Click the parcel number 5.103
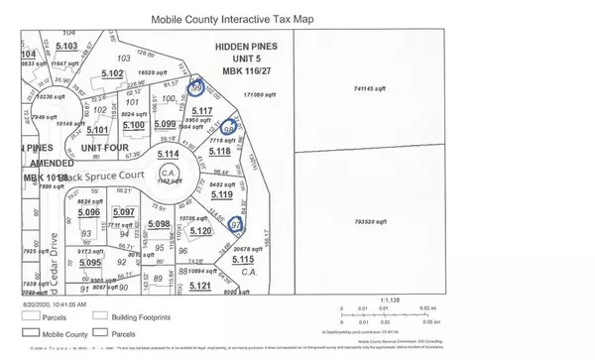click(66, 46)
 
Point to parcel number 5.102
click(111, 73)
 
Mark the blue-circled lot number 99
click(196, 87)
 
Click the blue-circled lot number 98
click(230, 129)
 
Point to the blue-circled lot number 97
click(236, 225)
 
